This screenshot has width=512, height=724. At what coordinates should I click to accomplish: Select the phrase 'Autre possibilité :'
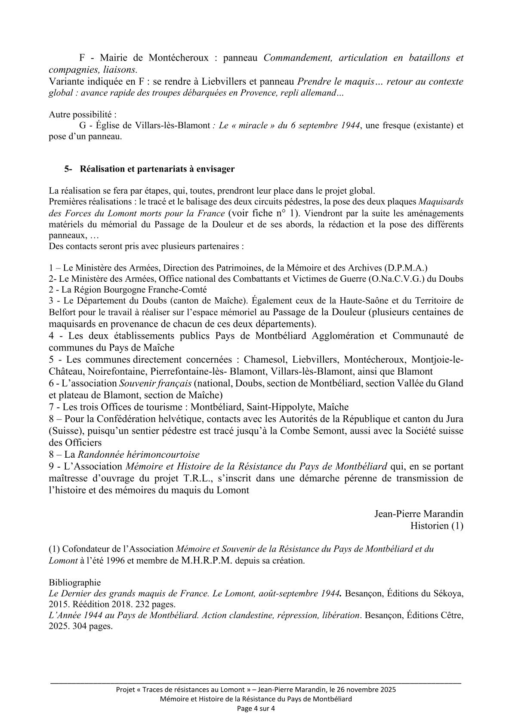point(83,115)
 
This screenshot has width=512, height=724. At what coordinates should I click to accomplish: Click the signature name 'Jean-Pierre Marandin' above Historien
point(419,514)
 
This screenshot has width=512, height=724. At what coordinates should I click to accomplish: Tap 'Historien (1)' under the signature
point(436,526)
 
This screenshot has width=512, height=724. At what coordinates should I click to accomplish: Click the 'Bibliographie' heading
point(74,582)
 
